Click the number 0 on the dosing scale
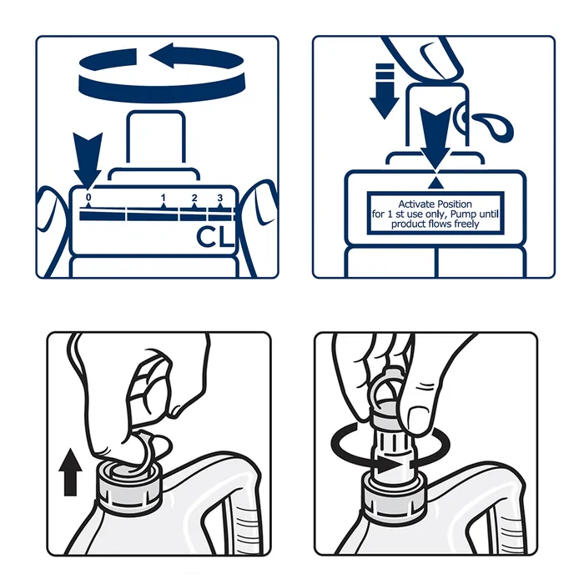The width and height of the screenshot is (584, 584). pos(88,197)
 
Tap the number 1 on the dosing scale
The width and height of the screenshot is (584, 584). pos(164,198)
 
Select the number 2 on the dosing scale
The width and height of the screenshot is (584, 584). pos(194,198)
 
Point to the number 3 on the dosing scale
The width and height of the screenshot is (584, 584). pos(220,198)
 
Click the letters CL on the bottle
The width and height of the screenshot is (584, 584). pos(215,236)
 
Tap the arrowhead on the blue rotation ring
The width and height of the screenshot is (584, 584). pos(162,56)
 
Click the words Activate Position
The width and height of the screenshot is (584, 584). pos(435,204)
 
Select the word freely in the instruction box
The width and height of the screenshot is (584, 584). pos(466,224)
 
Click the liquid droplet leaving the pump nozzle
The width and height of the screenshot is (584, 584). pos(496,127)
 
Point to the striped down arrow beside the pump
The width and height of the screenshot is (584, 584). pos(385,91)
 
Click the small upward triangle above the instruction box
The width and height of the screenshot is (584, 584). pos(435,183)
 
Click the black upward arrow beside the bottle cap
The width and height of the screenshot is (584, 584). pos(70,472)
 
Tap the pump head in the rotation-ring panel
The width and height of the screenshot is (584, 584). pos(156,137)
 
